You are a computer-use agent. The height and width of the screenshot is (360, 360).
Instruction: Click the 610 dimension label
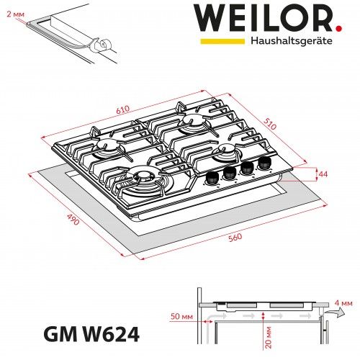pos(122,109)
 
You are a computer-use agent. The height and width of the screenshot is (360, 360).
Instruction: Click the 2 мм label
pos(12,13)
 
